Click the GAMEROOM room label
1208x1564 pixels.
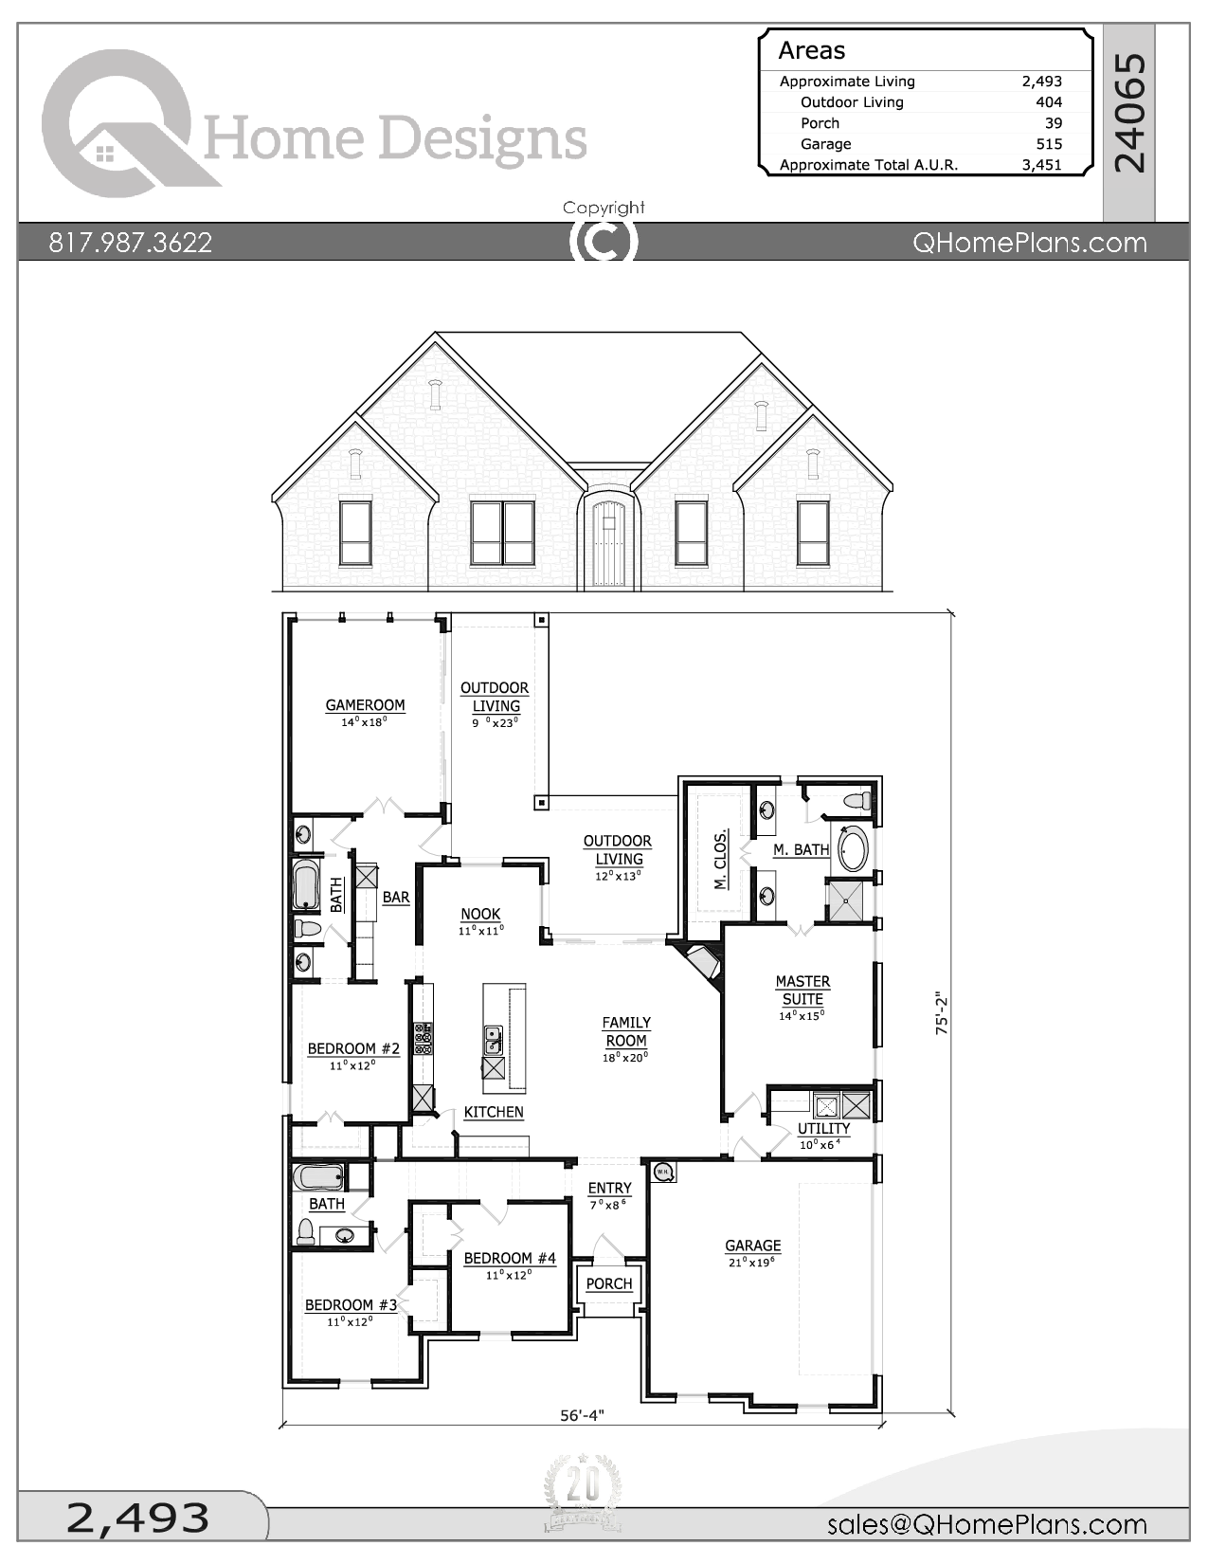click(x=365, y=705)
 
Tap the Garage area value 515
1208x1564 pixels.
click(x=1049, y=144)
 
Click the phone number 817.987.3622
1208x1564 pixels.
click(x=131, y=243)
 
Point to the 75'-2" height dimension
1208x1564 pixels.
click(x=942, y=1013)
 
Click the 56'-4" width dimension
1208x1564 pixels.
click(x=582, y=1415)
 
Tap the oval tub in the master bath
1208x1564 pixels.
click(x=853, y=848)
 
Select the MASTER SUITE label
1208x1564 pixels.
click(x=802, y=991)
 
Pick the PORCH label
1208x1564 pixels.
click(x=608, y=1283)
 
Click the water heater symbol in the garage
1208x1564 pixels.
click(x=663, y=1173)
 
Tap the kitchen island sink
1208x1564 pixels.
click(x=493, y=1040)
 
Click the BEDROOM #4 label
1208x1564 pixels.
click(x=510, y=1258)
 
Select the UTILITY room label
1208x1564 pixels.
click(x=823, y=1128)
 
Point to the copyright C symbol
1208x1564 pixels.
click(x=604, y=241)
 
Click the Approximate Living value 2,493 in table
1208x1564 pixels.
click(x=1041, y=82)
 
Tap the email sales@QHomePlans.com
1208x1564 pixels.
click(x=986, y=1523)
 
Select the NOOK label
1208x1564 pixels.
click(x=480, y=914)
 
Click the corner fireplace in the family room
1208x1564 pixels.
click(x=702, y=964)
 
